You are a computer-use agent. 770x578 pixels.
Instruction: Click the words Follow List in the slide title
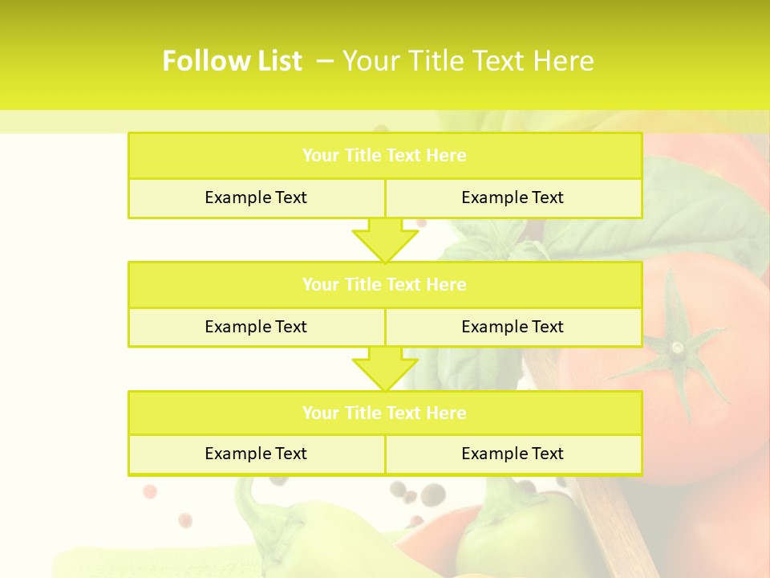(x=232, y=61)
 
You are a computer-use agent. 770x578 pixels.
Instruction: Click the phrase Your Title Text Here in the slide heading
(x=468, y=61)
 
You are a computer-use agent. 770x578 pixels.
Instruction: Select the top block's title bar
(x=384, y=156)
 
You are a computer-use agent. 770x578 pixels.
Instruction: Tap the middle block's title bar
(x=384, y=285)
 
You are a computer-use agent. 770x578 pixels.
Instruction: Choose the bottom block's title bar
(x=384, y=413)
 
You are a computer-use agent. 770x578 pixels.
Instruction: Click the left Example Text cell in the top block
(x=256, y=198)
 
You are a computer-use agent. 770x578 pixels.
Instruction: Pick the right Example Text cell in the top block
(x=513, y=198)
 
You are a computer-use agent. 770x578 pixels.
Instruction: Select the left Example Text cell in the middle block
(x=256, y=328)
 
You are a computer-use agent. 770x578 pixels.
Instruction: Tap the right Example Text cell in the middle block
(x=513, y=328)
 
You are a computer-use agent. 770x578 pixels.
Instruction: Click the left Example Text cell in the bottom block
(x=256, y=454)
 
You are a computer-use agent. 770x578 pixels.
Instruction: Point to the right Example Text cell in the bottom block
(x=513, y=454)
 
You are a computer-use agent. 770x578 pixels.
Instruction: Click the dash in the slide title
(x=325, y=61)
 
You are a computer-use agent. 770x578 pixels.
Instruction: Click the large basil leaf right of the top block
(x=698, y=201)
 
